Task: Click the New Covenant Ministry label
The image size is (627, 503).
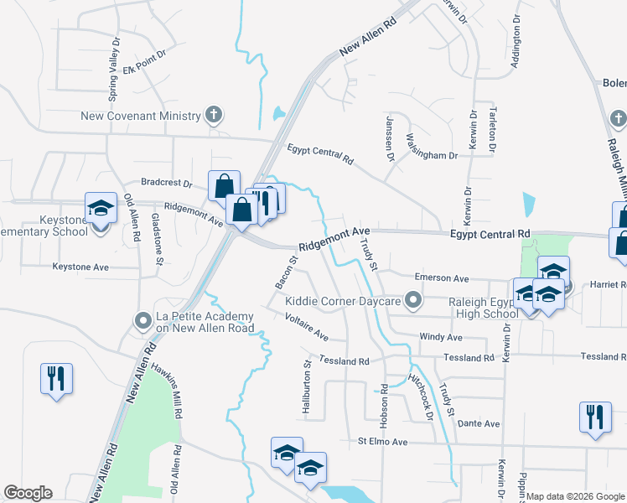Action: pos(141,116)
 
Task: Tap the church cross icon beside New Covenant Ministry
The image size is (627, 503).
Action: pos(214,115)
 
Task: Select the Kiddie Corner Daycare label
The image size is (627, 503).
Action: pos(345,300)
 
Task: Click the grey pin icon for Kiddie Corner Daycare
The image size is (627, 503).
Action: pos(412,299)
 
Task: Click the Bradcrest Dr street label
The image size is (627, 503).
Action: pos(167,182)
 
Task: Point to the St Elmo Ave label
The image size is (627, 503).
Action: pos(382,441)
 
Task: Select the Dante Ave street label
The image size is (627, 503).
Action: pos(479,423)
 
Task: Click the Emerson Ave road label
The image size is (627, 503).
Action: pos(443,277)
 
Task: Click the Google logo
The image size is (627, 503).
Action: pos(28,492)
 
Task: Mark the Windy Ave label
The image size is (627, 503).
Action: pos(441,337)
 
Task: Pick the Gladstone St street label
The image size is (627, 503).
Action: pos(156,239)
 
